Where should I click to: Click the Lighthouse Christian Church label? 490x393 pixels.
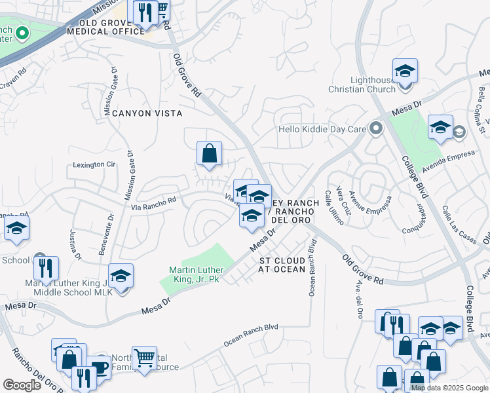373,84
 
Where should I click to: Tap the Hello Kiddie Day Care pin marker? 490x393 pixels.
376,128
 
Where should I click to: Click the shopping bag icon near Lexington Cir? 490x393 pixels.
209,155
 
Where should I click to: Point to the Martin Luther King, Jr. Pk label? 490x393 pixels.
197,274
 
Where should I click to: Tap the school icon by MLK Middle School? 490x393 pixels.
121,277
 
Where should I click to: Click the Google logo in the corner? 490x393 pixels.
21,384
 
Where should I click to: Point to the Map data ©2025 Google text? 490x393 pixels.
449,388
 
